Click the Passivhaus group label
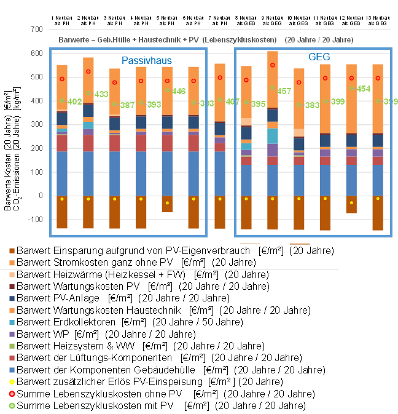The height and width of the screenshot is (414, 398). point(146,60)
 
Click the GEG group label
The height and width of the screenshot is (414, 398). point(319,57)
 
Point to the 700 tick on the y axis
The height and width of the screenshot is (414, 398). point(36,30)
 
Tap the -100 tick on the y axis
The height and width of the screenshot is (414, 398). point(35,220)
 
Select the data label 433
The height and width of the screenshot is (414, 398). point(101,94)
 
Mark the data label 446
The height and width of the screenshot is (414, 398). point(179,91)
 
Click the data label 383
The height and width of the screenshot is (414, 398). point(311,105)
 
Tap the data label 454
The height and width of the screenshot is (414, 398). point(364,89)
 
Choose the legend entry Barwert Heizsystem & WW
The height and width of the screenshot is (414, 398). point(78,346)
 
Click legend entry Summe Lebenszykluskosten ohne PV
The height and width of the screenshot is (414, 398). point(98,394)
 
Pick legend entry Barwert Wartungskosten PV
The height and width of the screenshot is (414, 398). point(80,286)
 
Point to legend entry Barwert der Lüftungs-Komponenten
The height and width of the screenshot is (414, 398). point(95,357)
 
